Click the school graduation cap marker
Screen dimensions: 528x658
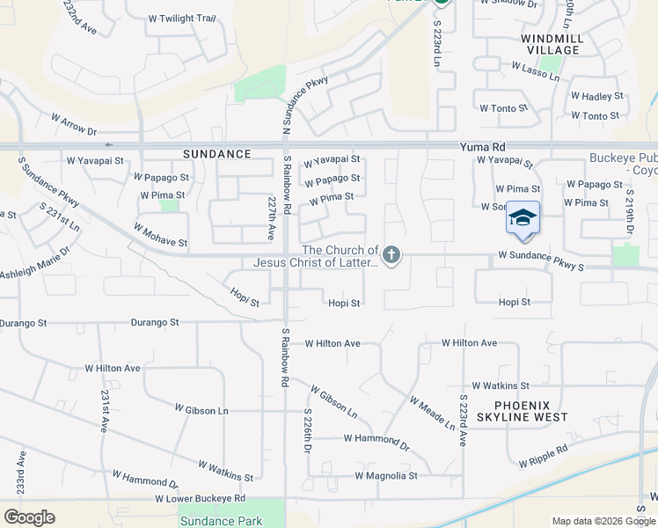click(523, 217)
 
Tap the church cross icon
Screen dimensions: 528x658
click(391, 256)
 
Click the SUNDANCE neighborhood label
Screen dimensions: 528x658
click(216, 154)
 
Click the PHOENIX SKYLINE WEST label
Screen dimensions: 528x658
click(522, 410)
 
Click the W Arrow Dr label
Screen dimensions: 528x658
click(74, 124)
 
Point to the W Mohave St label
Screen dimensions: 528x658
click(160, 235)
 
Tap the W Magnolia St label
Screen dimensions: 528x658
click(386, 476)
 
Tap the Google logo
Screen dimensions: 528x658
click(29, 517)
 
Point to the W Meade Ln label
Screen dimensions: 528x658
click(432, 413)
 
